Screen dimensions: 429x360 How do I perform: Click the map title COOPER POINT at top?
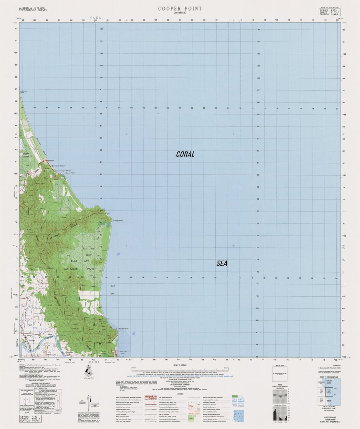point(180,9)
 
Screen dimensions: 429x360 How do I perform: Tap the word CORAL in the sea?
point(185,154)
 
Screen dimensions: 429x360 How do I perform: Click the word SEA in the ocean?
point(222,263)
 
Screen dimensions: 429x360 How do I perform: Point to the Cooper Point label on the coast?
point(118,220)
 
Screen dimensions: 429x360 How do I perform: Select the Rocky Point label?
point(70,173)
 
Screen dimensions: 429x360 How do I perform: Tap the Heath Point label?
point(123,329)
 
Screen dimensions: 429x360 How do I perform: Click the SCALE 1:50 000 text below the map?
point(180,365)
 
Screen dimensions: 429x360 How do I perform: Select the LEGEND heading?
point(180,394)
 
